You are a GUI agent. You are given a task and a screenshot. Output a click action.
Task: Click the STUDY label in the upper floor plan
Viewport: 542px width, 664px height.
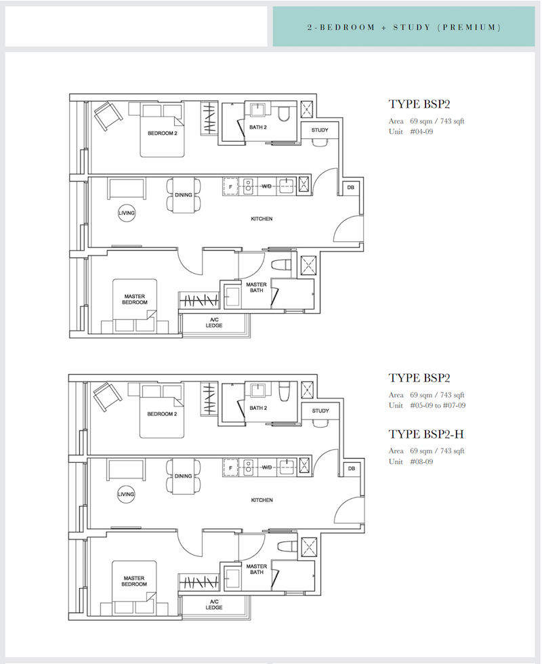point(320,130)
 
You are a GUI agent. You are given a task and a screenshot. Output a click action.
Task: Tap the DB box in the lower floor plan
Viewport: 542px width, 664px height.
point(352,468)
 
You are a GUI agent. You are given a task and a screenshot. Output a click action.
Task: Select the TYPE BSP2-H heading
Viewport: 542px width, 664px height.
point(426,434)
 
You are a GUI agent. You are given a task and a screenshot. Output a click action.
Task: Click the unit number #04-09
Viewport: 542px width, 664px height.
point(421,131)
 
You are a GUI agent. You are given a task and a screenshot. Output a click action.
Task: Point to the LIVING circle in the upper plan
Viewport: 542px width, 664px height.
point(126,213)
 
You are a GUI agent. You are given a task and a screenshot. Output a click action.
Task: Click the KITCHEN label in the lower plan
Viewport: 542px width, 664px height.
point(262,500)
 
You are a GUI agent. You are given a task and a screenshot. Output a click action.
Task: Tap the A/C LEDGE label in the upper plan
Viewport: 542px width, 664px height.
point(214,323)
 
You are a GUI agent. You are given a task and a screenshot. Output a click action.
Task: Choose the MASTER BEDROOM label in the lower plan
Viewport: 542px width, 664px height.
point(134,581)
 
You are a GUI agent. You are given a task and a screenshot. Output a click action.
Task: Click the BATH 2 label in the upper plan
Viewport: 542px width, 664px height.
point(258,127)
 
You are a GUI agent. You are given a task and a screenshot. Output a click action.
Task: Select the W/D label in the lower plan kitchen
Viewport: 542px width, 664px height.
point(267,468)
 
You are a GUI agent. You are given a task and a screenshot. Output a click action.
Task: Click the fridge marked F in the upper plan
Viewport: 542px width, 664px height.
point(231,187)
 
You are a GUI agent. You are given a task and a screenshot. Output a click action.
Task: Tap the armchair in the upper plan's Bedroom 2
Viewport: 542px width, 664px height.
point(108,116)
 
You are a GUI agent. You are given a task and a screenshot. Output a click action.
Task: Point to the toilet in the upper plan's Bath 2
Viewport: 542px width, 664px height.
point(283,113)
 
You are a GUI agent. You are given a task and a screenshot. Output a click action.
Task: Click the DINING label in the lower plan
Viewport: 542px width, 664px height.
point(184,476)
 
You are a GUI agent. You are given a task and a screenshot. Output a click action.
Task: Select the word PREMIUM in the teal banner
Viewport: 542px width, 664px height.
point(470,28)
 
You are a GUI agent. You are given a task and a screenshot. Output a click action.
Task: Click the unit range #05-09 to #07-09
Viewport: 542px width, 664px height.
point(438,406)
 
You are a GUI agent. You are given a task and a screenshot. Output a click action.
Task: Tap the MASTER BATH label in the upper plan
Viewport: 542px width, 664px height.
point(257,287)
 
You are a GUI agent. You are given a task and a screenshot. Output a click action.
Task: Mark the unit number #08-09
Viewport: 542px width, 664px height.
point(421,462)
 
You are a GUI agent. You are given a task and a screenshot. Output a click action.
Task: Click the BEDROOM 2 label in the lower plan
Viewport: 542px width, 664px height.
point(162,414)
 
